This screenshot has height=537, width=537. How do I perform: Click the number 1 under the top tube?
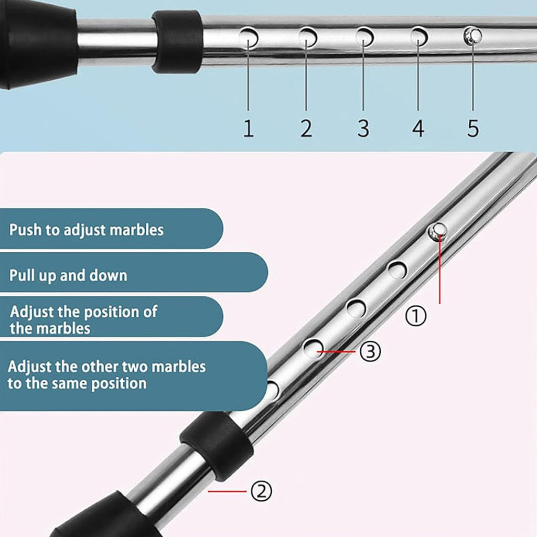pos(249,128)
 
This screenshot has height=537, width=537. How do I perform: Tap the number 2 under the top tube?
pos(306,128)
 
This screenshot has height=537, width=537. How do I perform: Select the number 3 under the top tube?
pos(363,128)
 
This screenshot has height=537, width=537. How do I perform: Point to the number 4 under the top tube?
pos(418,128)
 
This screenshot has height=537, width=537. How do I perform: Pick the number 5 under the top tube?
pos(473,128)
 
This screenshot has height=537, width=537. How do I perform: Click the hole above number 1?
pos(249,38)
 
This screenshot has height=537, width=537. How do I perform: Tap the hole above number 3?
pos(365,37)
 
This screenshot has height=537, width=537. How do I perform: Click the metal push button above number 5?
pos(472,36)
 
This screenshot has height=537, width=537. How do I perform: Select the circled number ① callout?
pos(416,316)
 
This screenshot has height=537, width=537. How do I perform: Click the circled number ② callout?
pos(261,491)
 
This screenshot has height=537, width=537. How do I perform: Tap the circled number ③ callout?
pos(370,352)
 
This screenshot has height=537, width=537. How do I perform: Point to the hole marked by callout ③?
pos(314,348)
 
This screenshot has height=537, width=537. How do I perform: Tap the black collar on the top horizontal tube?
pos(177,42)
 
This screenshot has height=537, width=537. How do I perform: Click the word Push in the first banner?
pos(26,230)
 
